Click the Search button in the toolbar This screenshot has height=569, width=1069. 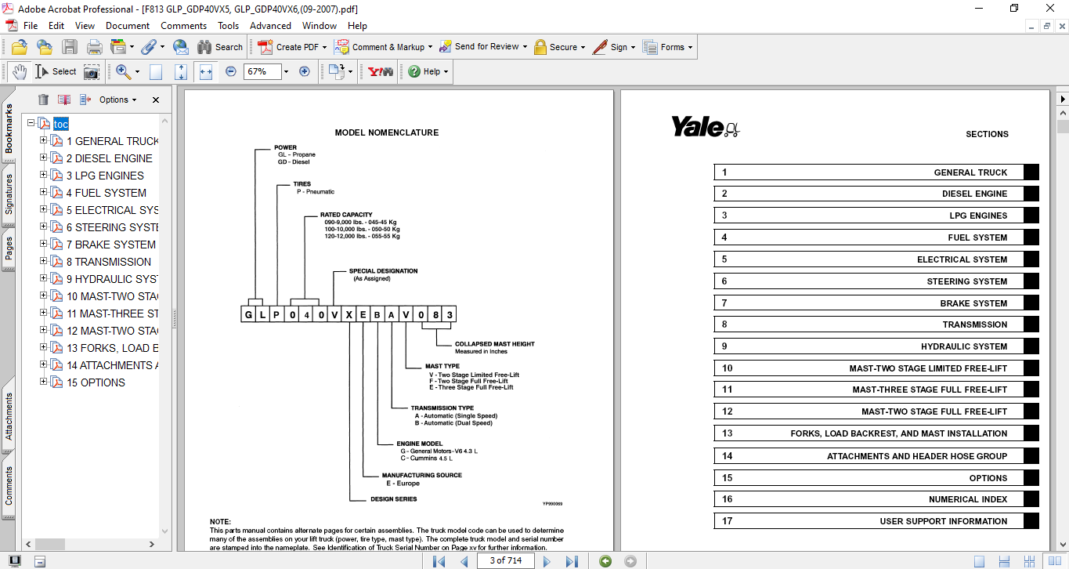220,47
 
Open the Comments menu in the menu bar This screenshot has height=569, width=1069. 183,26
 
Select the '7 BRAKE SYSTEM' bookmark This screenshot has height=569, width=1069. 110,245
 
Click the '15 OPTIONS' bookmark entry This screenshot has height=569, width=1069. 96,382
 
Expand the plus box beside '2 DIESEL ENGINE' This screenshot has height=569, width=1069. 44,158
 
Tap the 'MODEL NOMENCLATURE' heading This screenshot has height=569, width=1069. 386,133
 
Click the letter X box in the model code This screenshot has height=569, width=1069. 349,315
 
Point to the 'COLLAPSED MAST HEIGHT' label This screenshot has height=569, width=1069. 494,344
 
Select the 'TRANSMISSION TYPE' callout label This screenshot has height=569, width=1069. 442,408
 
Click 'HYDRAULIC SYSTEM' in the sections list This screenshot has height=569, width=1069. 963,346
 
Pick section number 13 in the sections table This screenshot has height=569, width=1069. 728,433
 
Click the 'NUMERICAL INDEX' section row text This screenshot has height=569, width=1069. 968,499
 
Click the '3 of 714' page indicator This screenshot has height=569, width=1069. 505,560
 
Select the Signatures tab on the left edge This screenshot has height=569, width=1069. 9,194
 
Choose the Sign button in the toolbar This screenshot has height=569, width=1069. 612,47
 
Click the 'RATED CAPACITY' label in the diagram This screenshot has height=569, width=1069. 345,215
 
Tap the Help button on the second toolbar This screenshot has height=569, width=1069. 427,71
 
